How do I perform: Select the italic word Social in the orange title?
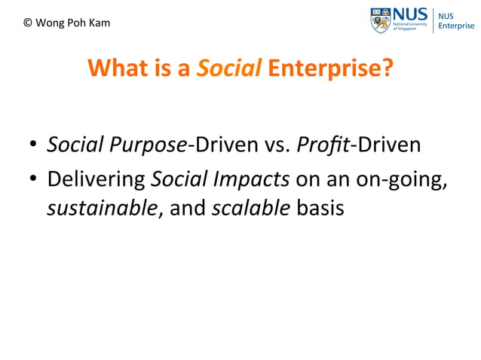tap(229, 69)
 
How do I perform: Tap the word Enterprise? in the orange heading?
tap(330, 69)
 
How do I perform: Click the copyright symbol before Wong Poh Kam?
tap(28, 23)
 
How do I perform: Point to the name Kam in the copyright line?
tap(99, 23)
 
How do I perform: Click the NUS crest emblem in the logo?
tap(380, 20)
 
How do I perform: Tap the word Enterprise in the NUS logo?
tap(457, 26)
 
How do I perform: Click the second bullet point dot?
tap(34, 180)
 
